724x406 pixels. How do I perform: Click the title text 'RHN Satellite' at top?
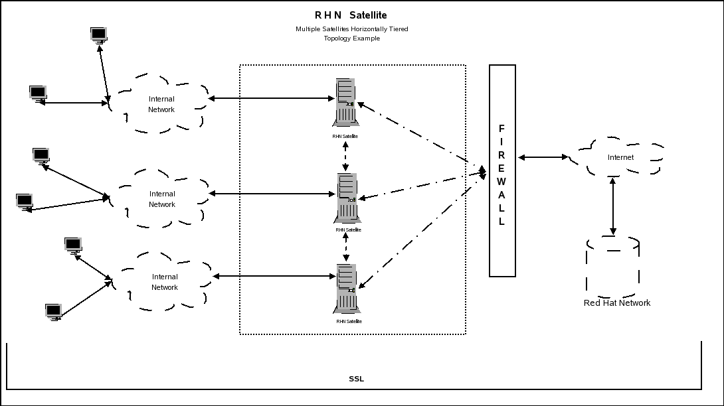click(x=351, y=15)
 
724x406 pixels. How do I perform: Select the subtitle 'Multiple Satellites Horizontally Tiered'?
click(x=352, y=29)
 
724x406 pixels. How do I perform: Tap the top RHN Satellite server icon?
click(x=345, y=102)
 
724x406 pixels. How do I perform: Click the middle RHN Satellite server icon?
click(x=347, y=198)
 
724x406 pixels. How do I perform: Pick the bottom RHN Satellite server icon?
click(x=347, y=289)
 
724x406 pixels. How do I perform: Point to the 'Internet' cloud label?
click(x=620, y=157)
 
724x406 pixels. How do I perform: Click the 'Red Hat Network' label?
click(x=617, y=303)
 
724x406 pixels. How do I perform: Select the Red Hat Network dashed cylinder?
click(x=612, y=266)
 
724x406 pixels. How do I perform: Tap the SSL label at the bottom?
click(x=357, y=379)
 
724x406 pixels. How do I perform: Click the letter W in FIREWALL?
click(x=501, y=182)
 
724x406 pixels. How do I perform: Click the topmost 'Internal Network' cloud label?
click(x=161, y=104)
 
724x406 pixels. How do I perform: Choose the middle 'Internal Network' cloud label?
click(x=162, y=199)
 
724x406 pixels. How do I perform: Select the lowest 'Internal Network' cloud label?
click(x=165, y=282)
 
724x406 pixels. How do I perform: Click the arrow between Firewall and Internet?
click(x=543, y=157)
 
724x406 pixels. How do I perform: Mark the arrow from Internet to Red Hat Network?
click(x=612, y=206)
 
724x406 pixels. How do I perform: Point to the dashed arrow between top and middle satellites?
click(x=345, y=157)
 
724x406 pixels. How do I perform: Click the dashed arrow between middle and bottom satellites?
click(x=346, y=247)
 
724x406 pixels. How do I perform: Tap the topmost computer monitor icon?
click(x=99, y=35)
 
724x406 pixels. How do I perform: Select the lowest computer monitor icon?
click(x=54, y=312)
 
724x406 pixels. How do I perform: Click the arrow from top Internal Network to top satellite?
click(x=271, y=98)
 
